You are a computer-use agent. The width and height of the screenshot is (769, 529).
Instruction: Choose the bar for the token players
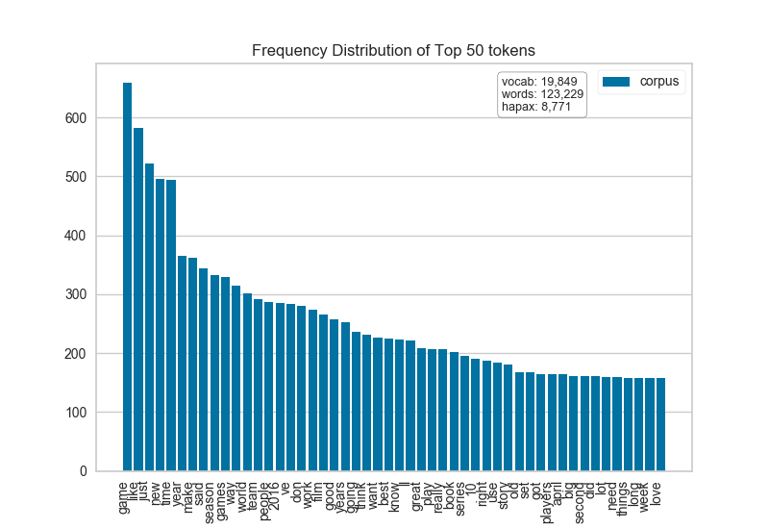tap(551, 422)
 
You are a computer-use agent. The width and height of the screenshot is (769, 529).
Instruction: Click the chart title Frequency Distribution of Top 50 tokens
tap(393, 50)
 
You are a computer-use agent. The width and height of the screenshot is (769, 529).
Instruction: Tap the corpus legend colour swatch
tap(615, 82)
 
